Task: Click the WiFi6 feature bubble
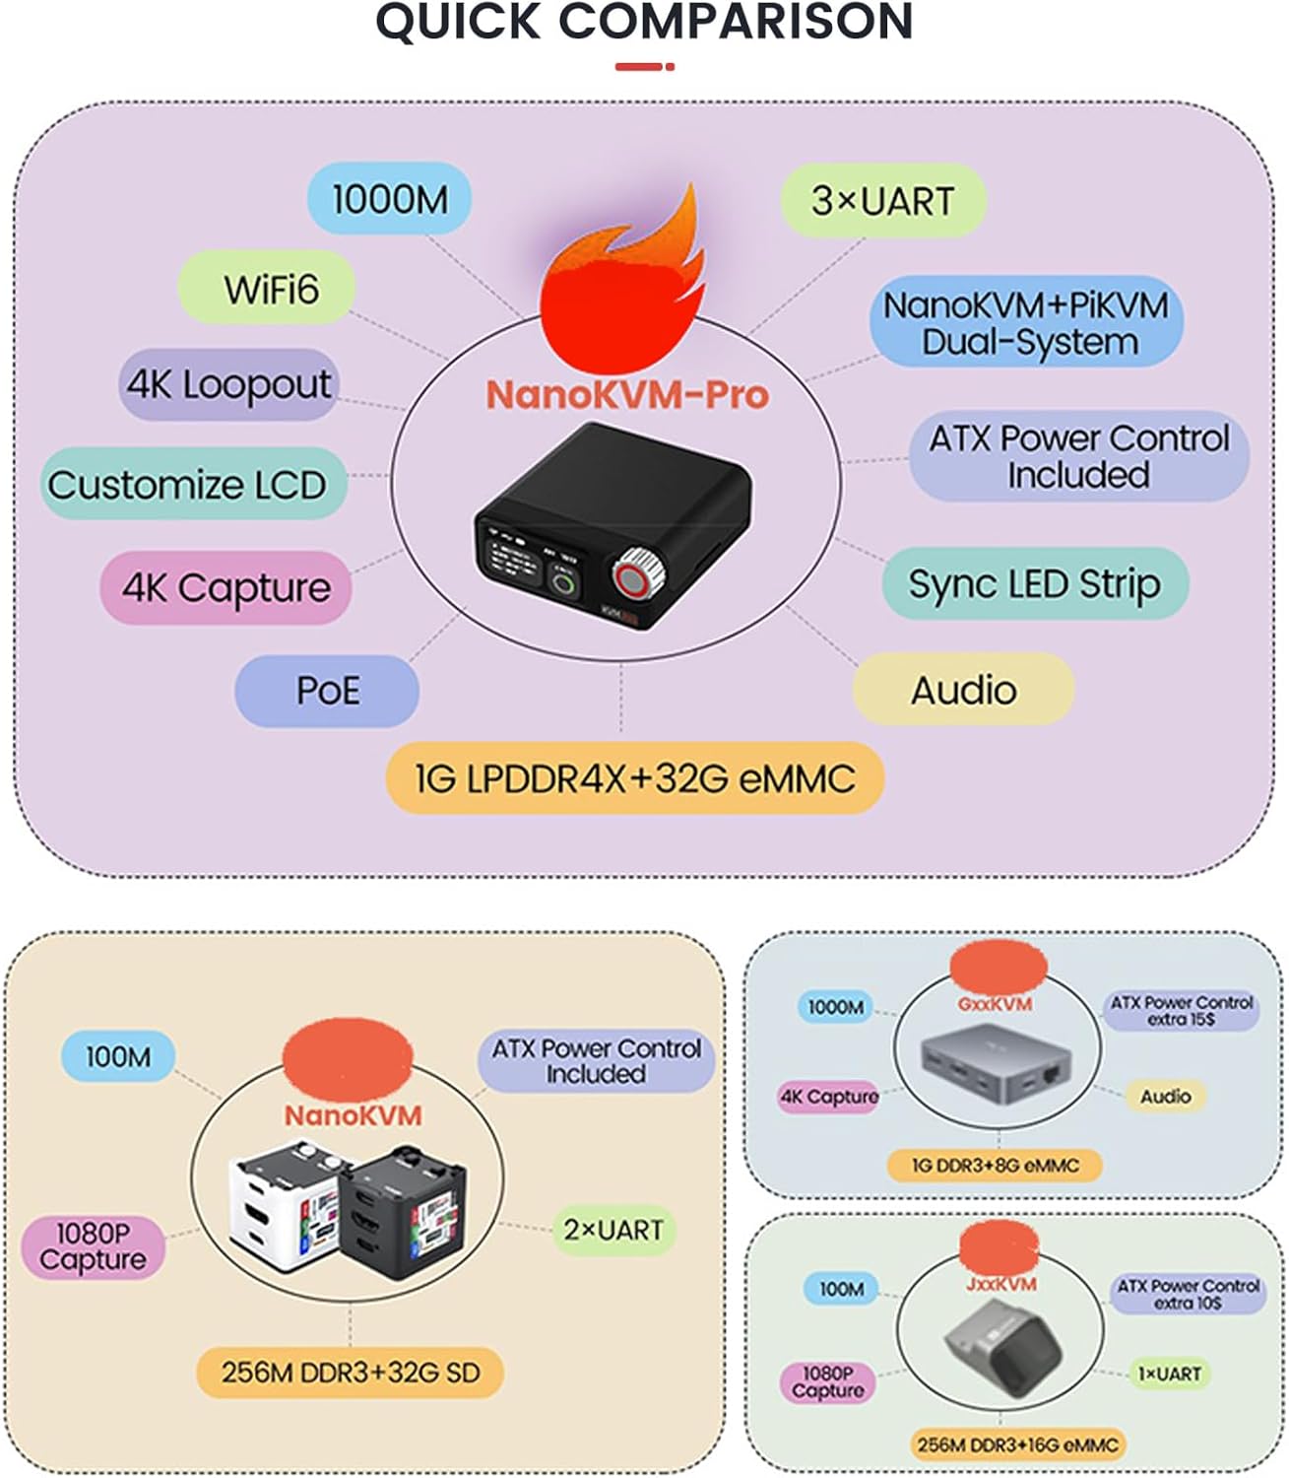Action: (x=267, y=289)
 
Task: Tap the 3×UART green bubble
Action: (x=882, y=200)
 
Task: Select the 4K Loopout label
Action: (x=228, y=384)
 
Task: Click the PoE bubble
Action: (x=327, y=691)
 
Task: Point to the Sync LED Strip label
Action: (x=1034, y=583)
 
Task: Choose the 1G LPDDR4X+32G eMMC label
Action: (x=634, y=778)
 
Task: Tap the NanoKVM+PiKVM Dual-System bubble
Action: (x=1025, y=322)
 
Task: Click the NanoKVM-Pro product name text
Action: (x=627, y=395)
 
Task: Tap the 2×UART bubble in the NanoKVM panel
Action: (x=612, y=1231)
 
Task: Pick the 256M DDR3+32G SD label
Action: (x=350, y=1373)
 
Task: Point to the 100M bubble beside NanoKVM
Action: (x=118, y=1056)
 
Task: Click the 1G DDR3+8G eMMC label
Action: (x=995, y=1166)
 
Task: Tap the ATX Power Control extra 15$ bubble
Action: (x=1181, y=1011)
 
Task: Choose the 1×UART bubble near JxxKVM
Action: (x=1169, y=1374)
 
